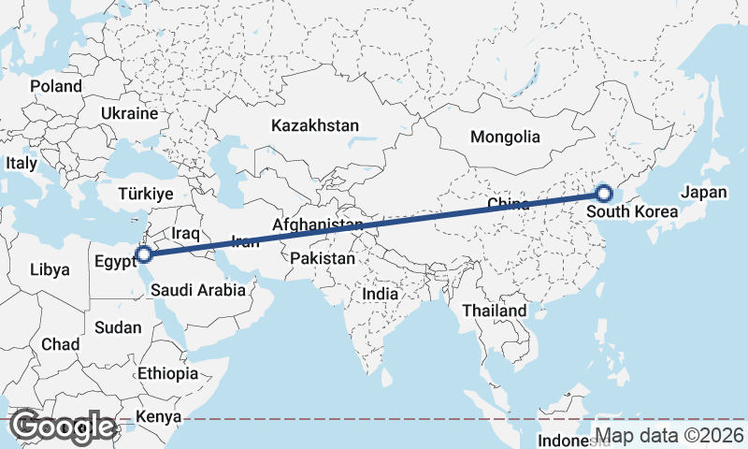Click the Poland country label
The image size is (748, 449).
point(55,86)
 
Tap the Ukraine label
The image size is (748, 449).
point(129,113)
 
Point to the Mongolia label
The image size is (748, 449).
point(505,137)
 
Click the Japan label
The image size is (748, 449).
point(704,192)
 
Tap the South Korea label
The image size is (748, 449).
point(632,212)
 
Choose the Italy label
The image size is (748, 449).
point(22,163)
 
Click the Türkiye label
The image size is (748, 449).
point(146,194)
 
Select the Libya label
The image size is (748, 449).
point(50,269)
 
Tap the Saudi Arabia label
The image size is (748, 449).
point(197,290)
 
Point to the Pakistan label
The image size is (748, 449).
point(323,258)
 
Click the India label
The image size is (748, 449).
point(380,294)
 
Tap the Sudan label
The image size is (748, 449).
point(118,327)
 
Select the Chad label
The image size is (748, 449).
point(60,344)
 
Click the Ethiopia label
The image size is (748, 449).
point(167,373)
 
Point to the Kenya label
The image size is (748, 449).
point(157,416)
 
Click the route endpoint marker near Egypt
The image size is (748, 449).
point(144,253)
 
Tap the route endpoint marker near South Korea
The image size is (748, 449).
point(603,194)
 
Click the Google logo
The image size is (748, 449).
point(63,427)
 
